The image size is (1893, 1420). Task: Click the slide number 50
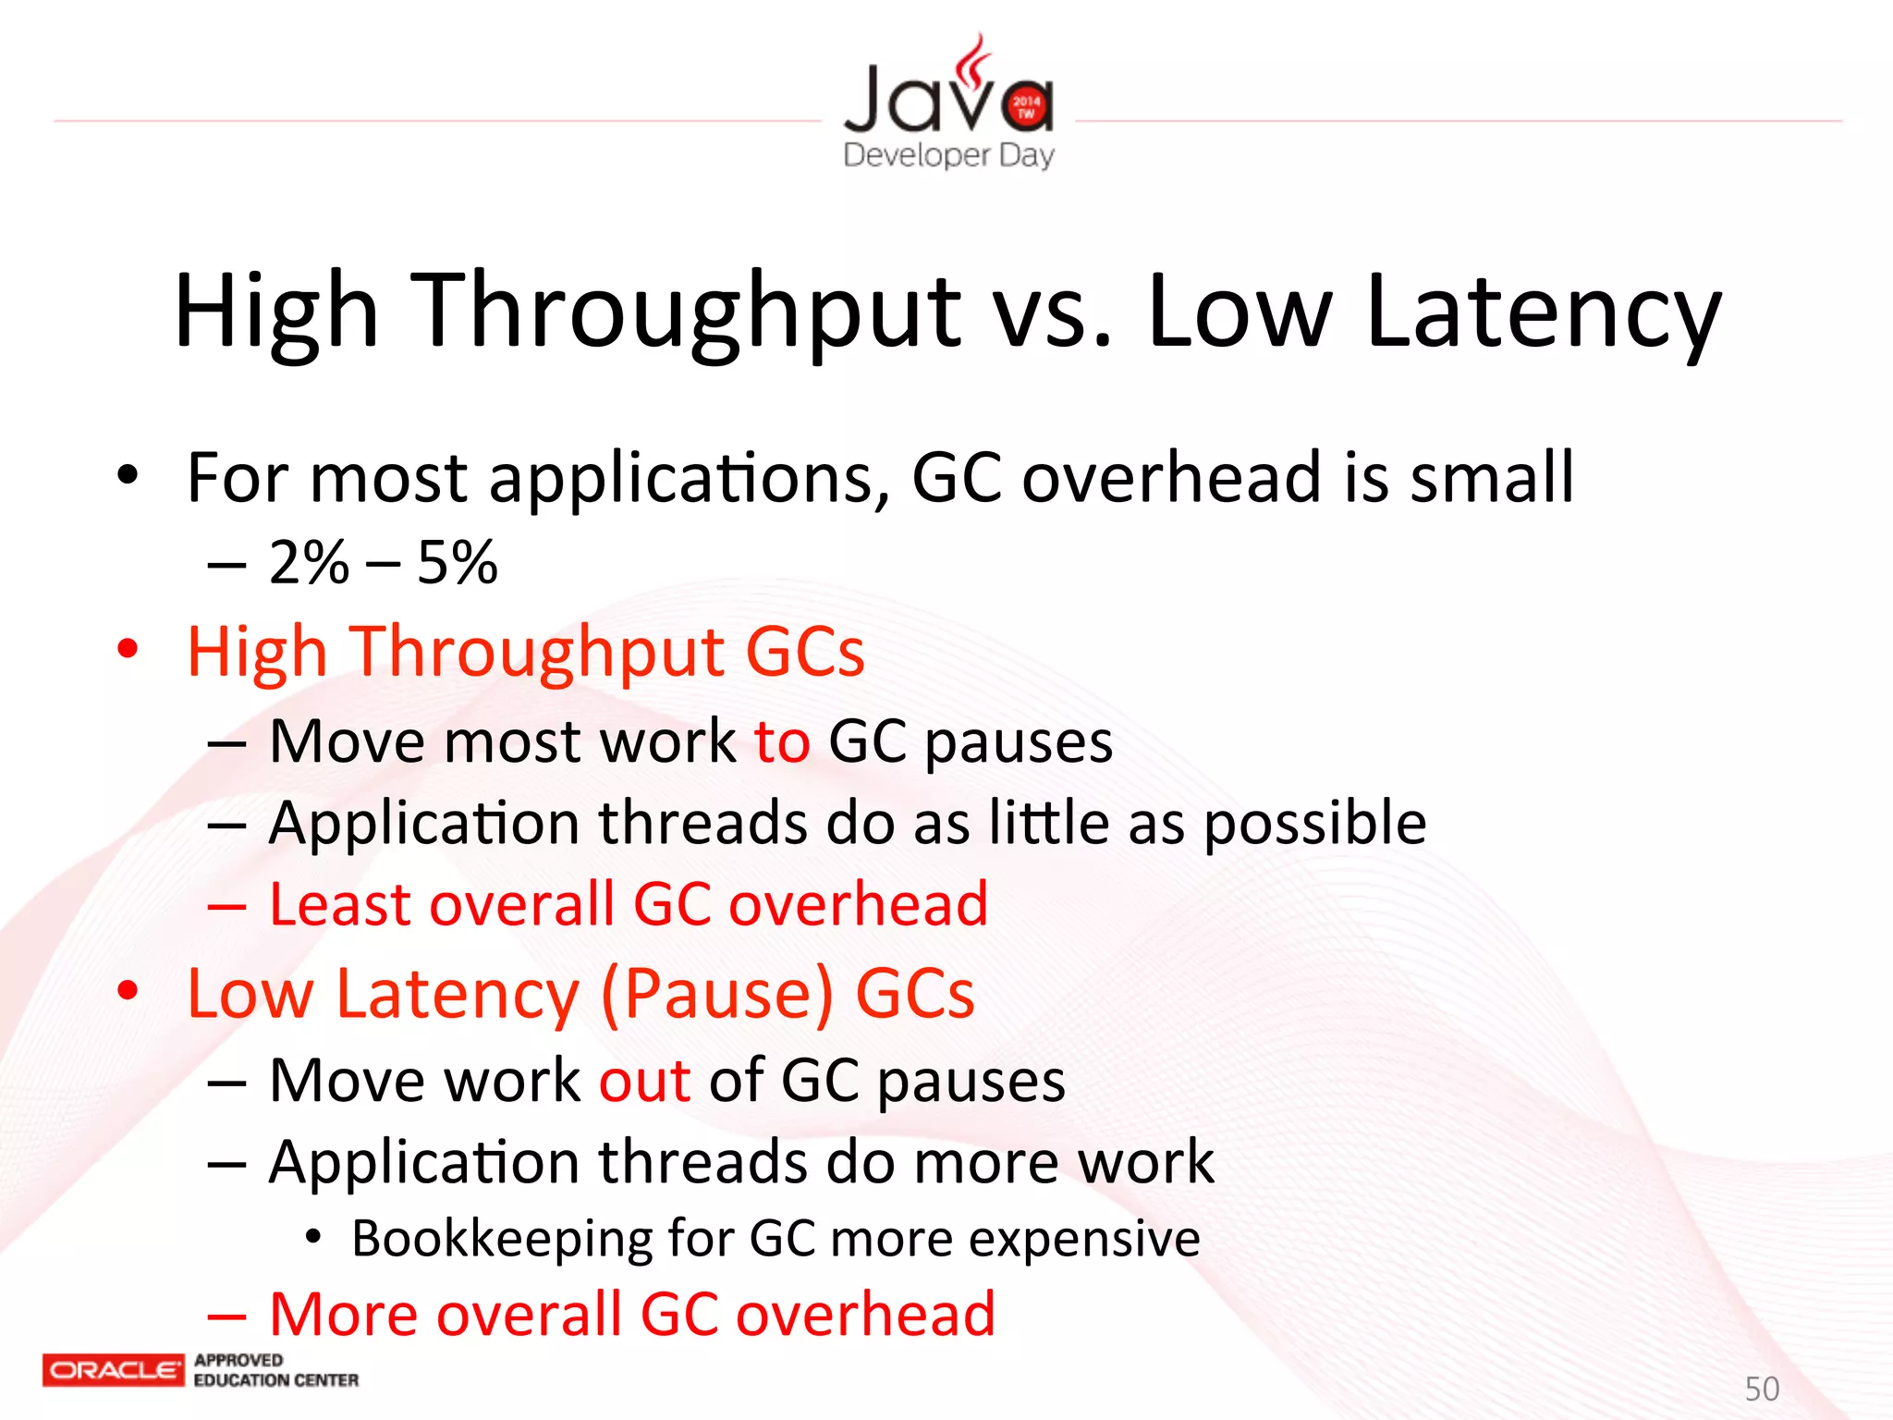tap(1762, 1389)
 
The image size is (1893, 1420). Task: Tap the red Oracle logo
tap(114, 1370)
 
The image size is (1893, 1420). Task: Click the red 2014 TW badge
tap(1026, 106)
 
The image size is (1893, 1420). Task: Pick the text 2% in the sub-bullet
tap(309, 562)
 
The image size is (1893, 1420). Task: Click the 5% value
tap(458, 562)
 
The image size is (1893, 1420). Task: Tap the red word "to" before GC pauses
tap(782, 741)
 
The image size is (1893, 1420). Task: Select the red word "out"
tap(644, 1080)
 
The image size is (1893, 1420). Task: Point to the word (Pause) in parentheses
tap(717, 995)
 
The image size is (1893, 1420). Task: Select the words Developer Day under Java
tap(948, 155)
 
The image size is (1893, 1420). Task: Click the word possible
tap(1314, 823)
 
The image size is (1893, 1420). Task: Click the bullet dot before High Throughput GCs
tap(128, 649)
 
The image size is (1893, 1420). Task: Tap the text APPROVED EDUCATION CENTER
tap(275, 1370)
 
